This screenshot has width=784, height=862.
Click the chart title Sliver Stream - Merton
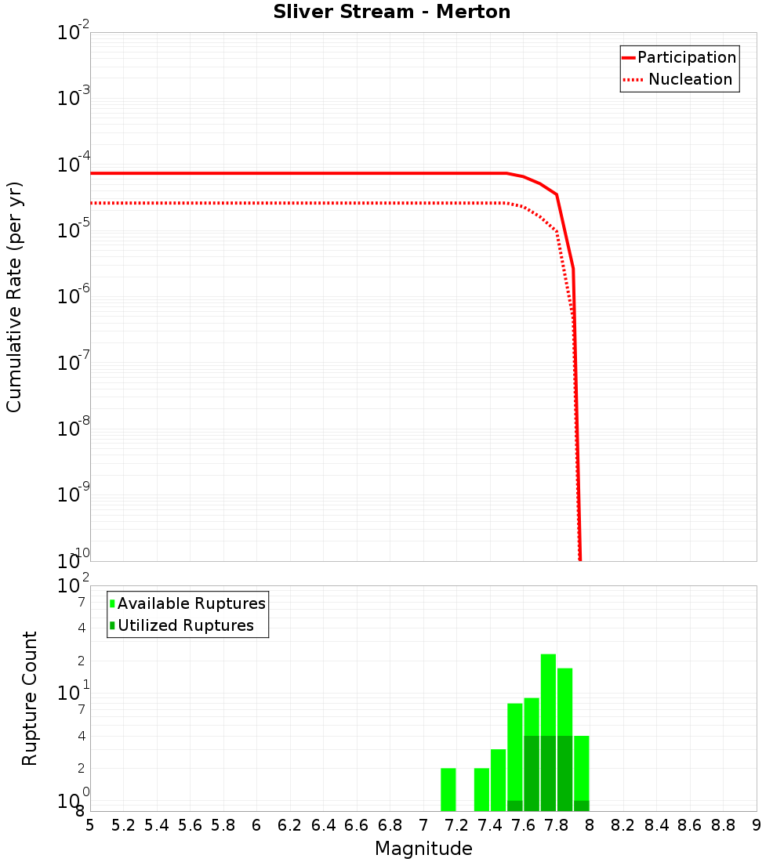(x=391, y=12)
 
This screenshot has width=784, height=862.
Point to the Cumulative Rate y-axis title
(x=14, y=296)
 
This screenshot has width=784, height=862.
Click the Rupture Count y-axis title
(x=30, y=698)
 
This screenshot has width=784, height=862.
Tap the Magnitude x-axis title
(x=423, y=849)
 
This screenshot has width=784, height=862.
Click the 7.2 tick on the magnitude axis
(x=456, y=825)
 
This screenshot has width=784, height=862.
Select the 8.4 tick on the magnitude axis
(x=656, y=825)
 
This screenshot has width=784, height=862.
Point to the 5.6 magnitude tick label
(x=190, y=825)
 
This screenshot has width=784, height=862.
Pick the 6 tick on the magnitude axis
(x=256, y=825)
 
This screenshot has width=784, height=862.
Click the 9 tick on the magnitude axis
(x=757, y=825)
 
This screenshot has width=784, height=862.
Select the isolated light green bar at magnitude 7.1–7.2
(x=448, y=789)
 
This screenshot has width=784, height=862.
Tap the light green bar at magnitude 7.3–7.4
(x=481, y=789)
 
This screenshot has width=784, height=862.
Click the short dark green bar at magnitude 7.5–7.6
(x=515, y=806)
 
